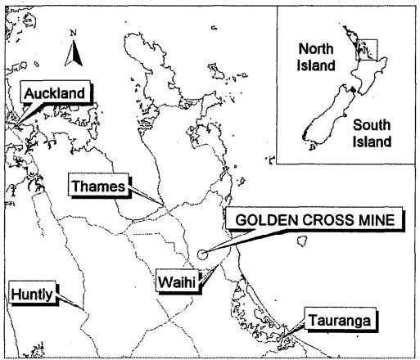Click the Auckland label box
[x=53, y=94]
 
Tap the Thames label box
[x=97, y=187]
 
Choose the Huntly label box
[x=31, y=293]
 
